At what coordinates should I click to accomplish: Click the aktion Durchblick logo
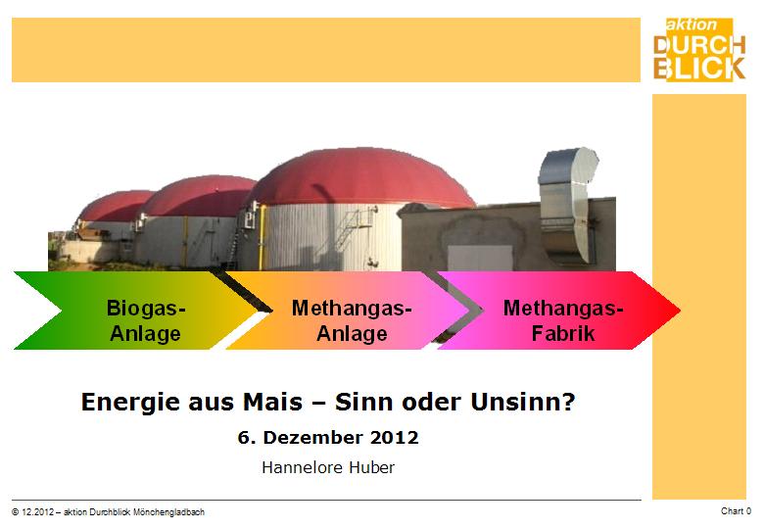(699, 49)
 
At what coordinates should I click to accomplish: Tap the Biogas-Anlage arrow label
(146, 320)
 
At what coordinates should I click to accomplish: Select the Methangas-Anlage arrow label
(352, 320)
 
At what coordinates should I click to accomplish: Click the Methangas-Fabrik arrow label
(563, 320)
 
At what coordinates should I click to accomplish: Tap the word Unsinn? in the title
(523, 402)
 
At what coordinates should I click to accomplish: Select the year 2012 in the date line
(394, 438)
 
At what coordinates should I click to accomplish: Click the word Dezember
(313, 438)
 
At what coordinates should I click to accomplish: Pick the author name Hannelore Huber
(328, 467)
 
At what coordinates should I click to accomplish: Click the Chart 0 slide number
(736, 511)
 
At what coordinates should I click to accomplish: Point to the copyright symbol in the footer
(16, 512)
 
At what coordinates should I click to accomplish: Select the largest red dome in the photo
(360, 177)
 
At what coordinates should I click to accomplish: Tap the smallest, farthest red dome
(115, 206)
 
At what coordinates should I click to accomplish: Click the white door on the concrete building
(480, 259)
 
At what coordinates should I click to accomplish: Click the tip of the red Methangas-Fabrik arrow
(680, 310)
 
